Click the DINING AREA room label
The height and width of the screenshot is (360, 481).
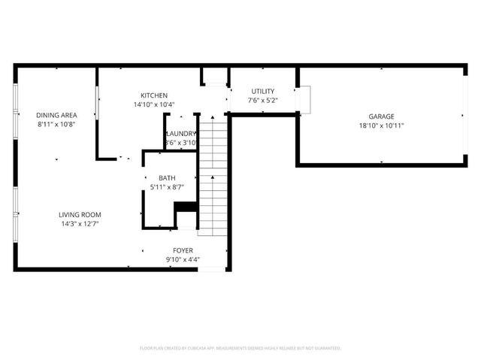(57, 115)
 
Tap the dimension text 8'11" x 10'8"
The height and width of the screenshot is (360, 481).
(57, 125)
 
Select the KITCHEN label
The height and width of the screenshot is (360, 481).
(153, 95)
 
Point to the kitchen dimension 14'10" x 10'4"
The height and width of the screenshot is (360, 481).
(153, 105)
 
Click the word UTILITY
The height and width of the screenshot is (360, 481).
(263, 91)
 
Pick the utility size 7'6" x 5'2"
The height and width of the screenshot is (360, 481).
(263, 101)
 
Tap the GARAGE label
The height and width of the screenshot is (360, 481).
(381, 116)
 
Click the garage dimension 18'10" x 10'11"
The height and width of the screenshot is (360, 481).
(381, 126)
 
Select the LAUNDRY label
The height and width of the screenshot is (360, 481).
(180, 133)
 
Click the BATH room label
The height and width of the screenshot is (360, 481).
(167, 178)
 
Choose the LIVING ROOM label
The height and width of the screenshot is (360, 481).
(80, 214)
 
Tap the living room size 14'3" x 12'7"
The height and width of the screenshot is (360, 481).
(80, 224)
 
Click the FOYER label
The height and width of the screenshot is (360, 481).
(183, 250)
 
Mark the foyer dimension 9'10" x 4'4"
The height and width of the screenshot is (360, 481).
(183, 260)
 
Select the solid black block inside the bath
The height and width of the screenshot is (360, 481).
(186, 207)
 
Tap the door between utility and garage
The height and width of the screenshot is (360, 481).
(304, 99)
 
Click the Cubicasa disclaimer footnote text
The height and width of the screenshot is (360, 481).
(240, 348)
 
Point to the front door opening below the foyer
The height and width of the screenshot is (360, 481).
(211, 269)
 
